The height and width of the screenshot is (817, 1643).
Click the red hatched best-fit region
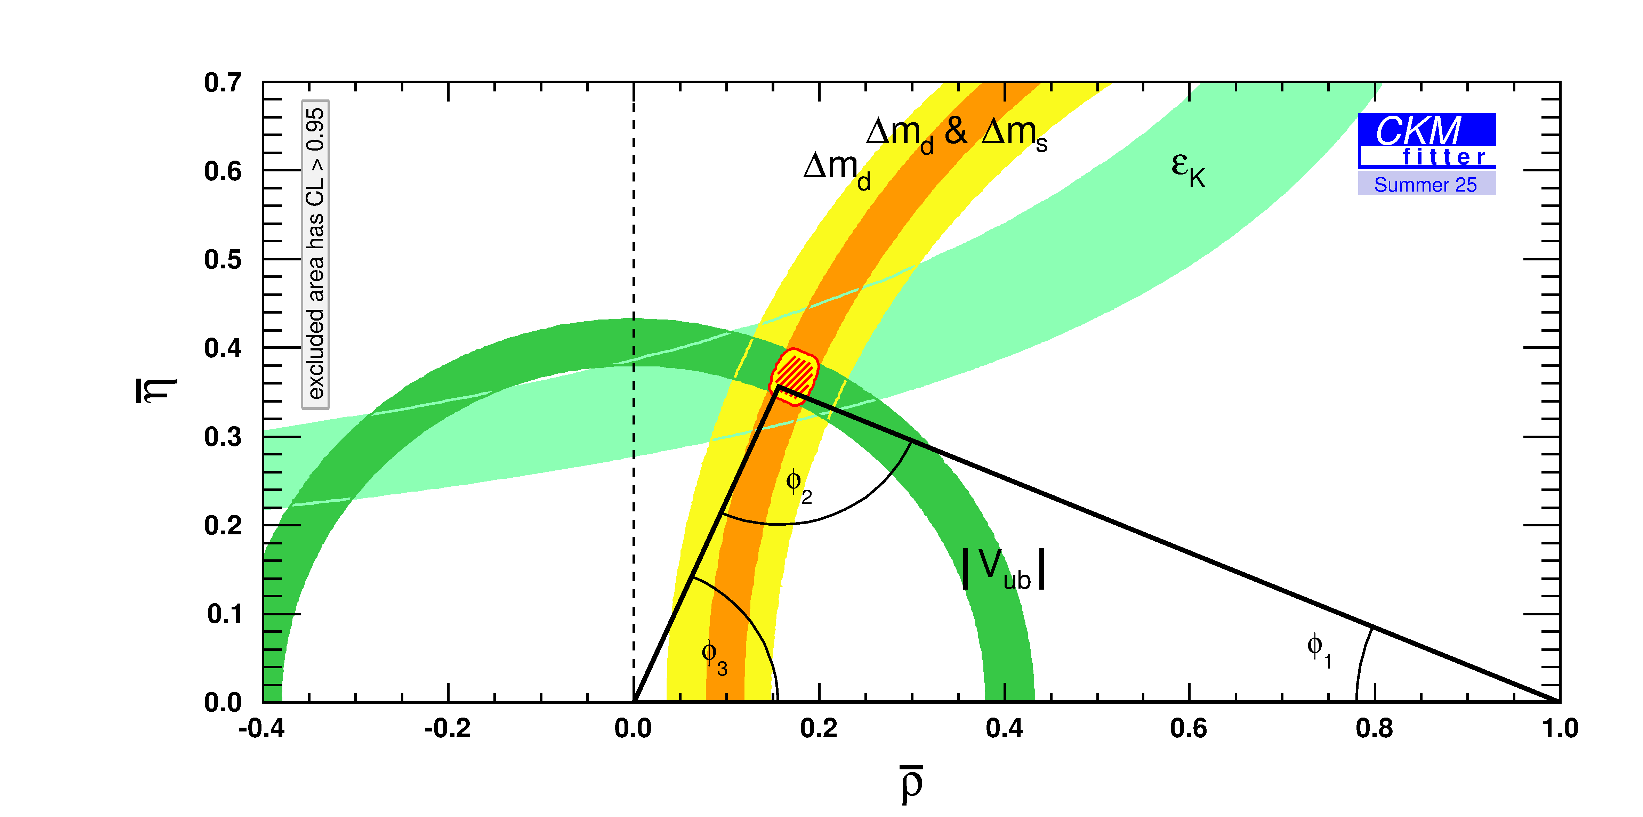[x=794, y=375]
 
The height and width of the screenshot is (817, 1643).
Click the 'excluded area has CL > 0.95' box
[x=315, y=254]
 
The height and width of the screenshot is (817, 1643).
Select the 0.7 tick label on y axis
[x=223, y=83]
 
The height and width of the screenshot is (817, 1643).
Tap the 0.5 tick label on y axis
[x=223, y=260]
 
